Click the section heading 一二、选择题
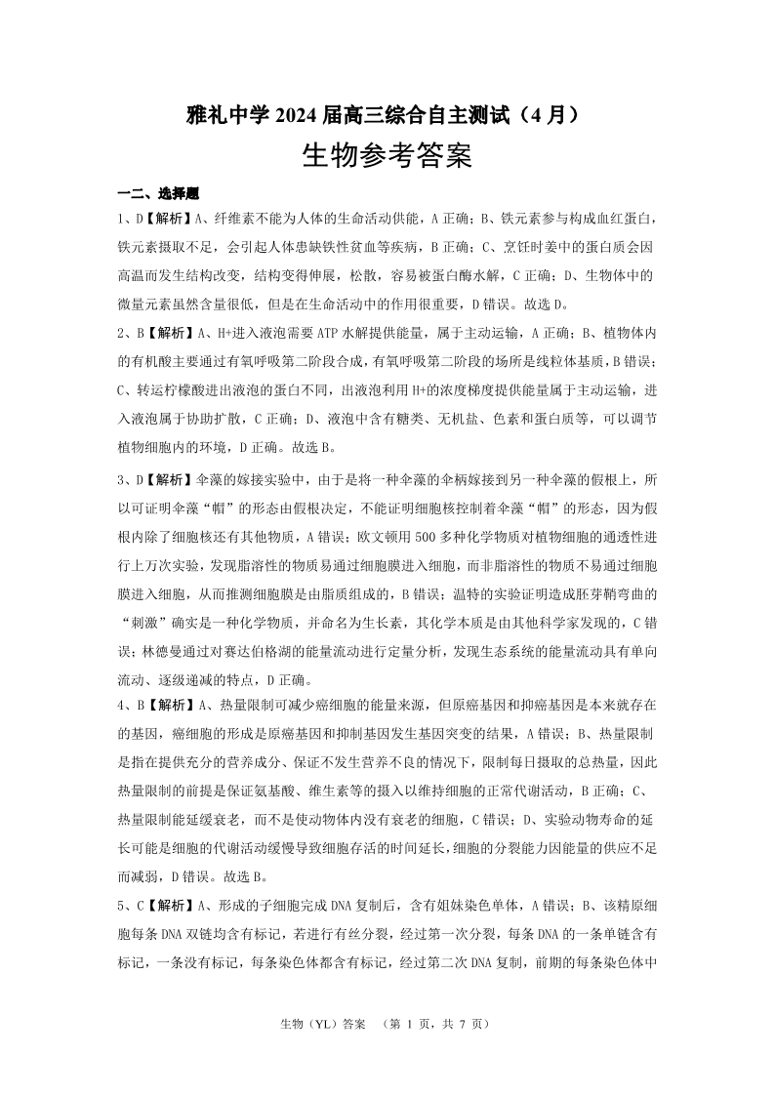click(x=158, y=194)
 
